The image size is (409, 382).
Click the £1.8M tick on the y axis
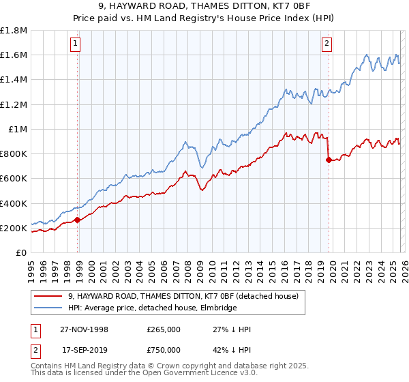tap(14, 31)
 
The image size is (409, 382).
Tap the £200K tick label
tap(14, 228)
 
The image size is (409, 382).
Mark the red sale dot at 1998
tap(78, 220)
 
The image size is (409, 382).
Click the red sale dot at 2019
tap(329, 160)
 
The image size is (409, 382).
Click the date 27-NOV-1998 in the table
tap(84, 329)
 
